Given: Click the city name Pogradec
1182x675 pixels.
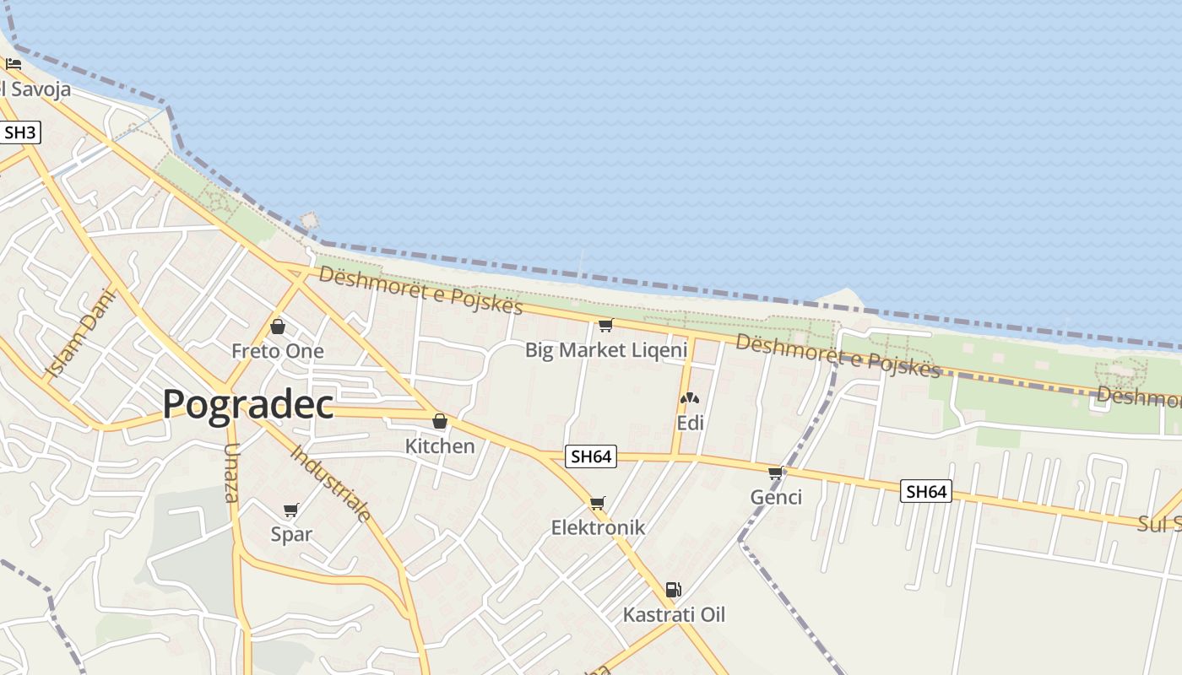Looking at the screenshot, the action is tap(247, 404).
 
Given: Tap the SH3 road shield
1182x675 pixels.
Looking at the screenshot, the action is tap(20, 132).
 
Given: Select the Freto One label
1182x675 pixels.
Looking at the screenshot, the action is tap(278, 351).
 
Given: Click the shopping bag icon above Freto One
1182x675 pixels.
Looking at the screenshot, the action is tap(278, 327).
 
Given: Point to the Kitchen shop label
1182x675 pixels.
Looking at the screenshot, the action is tap(440, 445).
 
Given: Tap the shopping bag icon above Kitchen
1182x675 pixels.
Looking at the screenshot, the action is tap(440, 421).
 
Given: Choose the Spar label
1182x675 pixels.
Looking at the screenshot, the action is tap(291, 534).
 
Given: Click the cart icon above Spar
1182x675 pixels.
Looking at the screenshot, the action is tap(291, 510).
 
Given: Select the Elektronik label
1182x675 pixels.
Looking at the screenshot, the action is tap(598, 527).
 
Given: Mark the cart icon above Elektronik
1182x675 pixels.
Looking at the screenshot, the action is tap(598, 503).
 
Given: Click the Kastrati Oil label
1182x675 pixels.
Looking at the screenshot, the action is tap(674, 614).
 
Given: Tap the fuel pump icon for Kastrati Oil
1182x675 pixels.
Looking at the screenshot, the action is tap(673, 590).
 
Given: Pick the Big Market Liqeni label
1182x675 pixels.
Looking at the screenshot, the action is tap(606, 349).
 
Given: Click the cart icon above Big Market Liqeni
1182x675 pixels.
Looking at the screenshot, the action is tap(605, 325).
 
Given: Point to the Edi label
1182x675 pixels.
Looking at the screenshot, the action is tap(690, 423).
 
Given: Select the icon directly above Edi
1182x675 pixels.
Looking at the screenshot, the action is tap(690, 398).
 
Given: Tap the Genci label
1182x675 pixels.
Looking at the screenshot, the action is tap(776, 497).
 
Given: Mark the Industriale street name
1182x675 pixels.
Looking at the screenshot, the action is tap(331, 483).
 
